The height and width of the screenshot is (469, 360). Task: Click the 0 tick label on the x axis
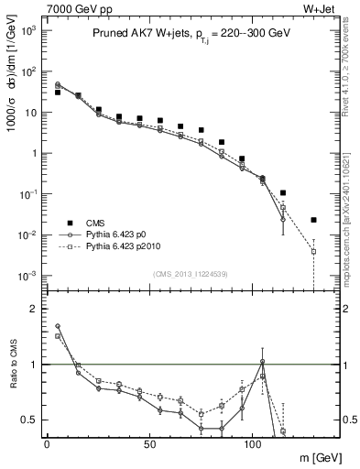click(x=47, y=443)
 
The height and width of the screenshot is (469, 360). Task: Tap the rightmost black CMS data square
click(x=313, y=220)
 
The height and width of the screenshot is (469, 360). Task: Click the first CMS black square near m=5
click(x=58, y=93)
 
